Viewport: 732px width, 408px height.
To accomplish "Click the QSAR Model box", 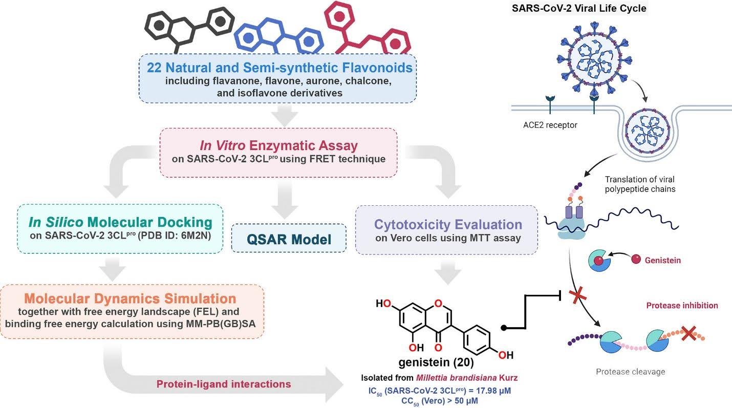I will click(289, 239).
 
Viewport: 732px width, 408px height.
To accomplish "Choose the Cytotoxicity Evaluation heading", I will click(448, 224).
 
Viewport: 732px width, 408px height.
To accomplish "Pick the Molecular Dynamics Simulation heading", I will click(131, 299).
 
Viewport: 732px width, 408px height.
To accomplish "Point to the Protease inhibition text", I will click(682, 306).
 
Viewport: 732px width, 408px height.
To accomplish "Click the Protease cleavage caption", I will click(630, 372).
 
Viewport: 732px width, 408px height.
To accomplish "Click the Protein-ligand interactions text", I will click(223, 384).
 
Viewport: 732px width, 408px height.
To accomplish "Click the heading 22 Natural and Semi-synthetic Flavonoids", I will click(280, 68).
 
